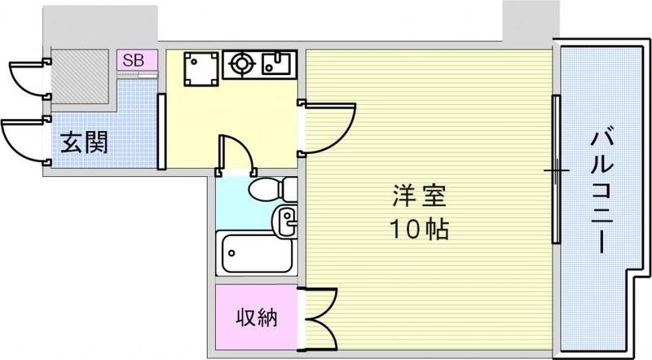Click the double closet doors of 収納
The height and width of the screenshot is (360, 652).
[x=320, y=318]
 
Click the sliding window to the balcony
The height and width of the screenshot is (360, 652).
[x=556, y=170]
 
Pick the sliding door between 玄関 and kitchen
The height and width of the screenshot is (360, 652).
[x=161, y=130]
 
